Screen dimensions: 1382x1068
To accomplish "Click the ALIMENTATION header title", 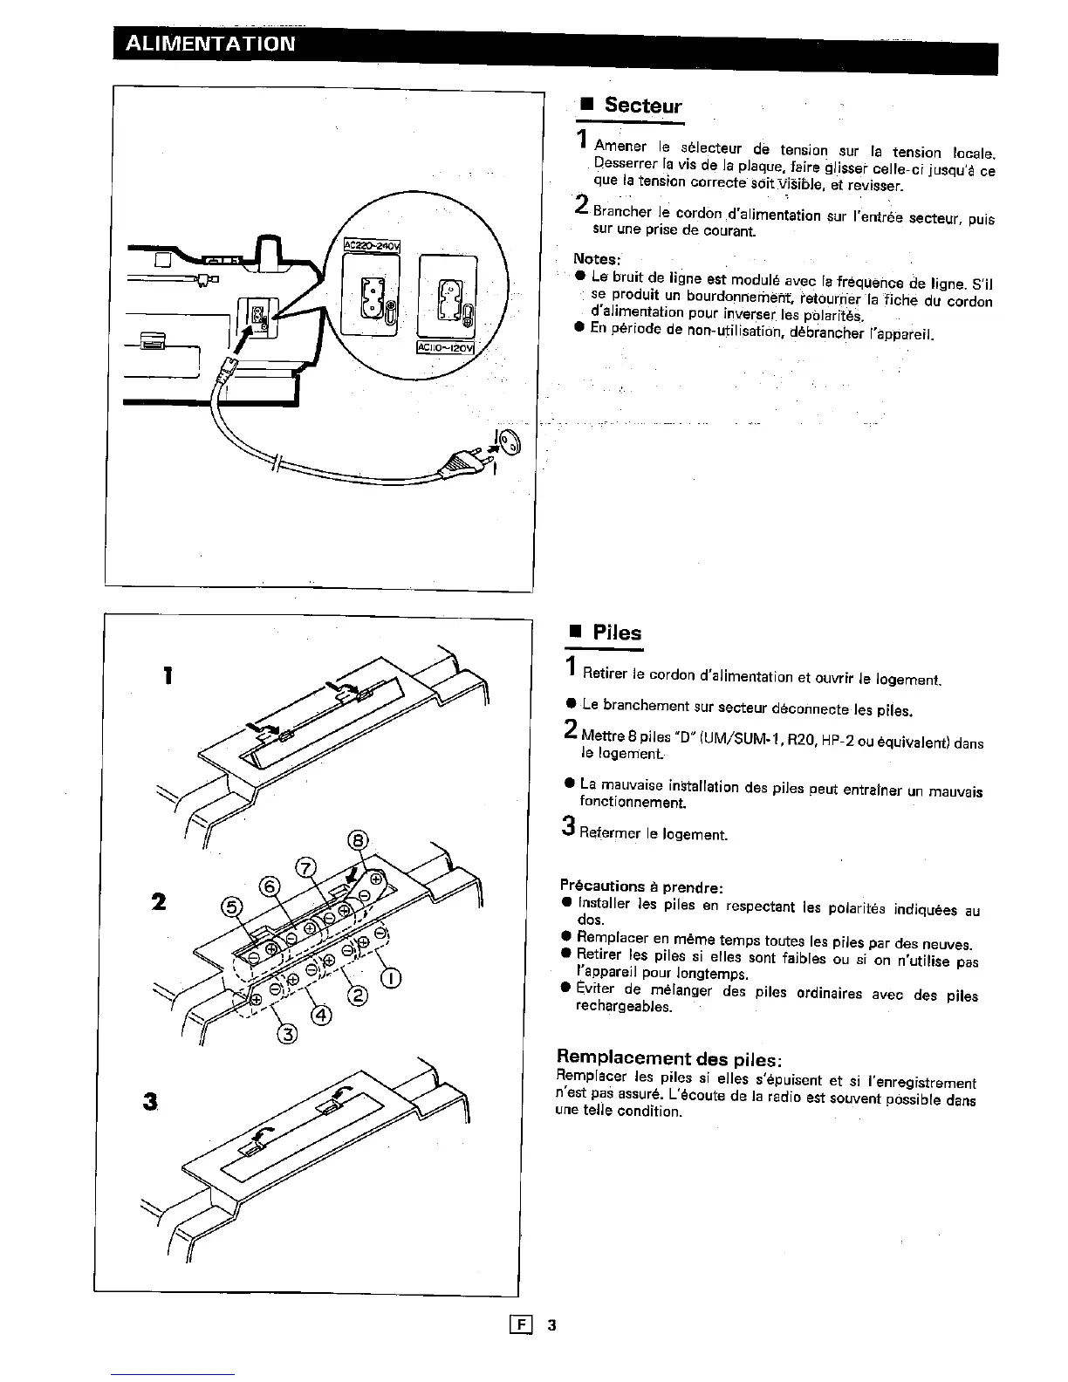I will tap(210, 44).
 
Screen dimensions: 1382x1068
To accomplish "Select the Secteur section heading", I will tap(642, 106).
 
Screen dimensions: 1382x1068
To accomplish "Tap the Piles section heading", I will tap(617, 633).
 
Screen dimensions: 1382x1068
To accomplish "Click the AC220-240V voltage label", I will tap(372, 246).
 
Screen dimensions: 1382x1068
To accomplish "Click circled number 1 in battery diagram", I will tap(392, 977).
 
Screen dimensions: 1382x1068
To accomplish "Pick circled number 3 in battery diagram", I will tap(287, 1035).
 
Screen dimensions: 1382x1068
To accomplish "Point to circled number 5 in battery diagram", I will tap(231, 907).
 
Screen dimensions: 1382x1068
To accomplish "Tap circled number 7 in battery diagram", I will tap(305, 868).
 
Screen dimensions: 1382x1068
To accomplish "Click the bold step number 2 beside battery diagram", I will tap(159, 901).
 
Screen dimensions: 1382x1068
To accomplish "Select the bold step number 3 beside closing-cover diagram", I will tap(152, 1102).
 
